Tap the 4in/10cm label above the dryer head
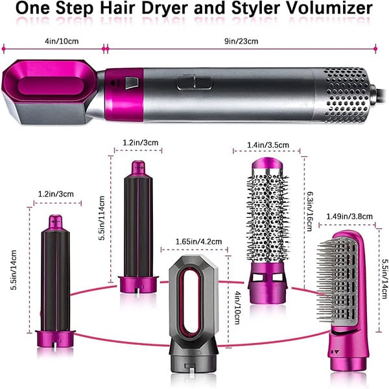[x=62, y=41]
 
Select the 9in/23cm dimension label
[x=241, y=41]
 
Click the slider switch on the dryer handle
[x=194, y=83]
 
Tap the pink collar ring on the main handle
[x=124, y=94]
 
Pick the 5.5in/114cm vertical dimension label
[x=102, y=218]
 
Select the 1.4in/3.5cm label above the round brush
[x=268, y=145]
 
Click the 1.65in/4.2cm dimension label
[x=199, y=241]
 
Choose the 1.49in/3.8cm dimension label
[x=349, y=217]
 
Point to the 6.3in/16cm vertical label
[x=310, y=211]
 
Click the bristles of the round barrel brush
[x=268, y=218]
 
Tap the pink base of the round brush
[x=268, y=282]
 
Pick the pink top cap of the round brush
[x=267, y=165]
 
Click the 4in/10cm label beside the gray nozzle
[x=237, y=307]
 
